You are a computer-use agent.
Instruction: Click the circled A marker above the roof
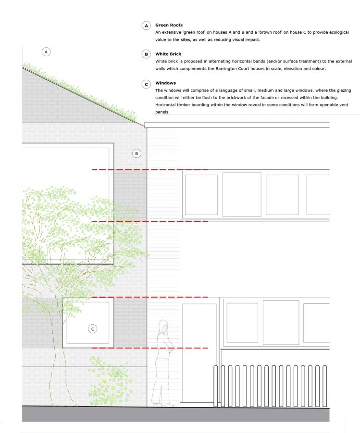(x=46, y=51)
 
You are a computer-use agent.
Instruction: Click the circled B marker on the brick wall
(x=137, y=153)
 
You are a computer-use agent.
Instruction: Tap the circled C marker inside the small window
(x=93, y=329)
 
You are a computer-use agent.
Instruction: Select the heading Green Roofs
(x=169, y=25)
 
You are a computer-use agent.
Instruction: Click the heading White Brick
(x=168, y=54)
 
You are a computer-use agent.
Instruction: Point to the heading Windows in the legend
(x=166, y=83)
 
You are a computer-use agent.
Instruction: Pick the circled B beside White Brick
(x=146, y=55)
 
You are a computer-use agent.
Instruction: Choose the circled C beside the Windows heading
(x=146, y=84)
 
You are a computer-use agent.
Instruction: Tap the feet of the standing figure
(x=164, y=405)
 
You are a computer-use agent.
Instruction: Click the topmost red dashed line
(x=149, y=170)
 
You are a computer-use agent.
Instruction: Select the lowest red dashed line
(x=149, y=347)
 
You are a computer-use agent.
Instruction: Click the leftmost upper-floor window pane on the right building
(x=201, y=194)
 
